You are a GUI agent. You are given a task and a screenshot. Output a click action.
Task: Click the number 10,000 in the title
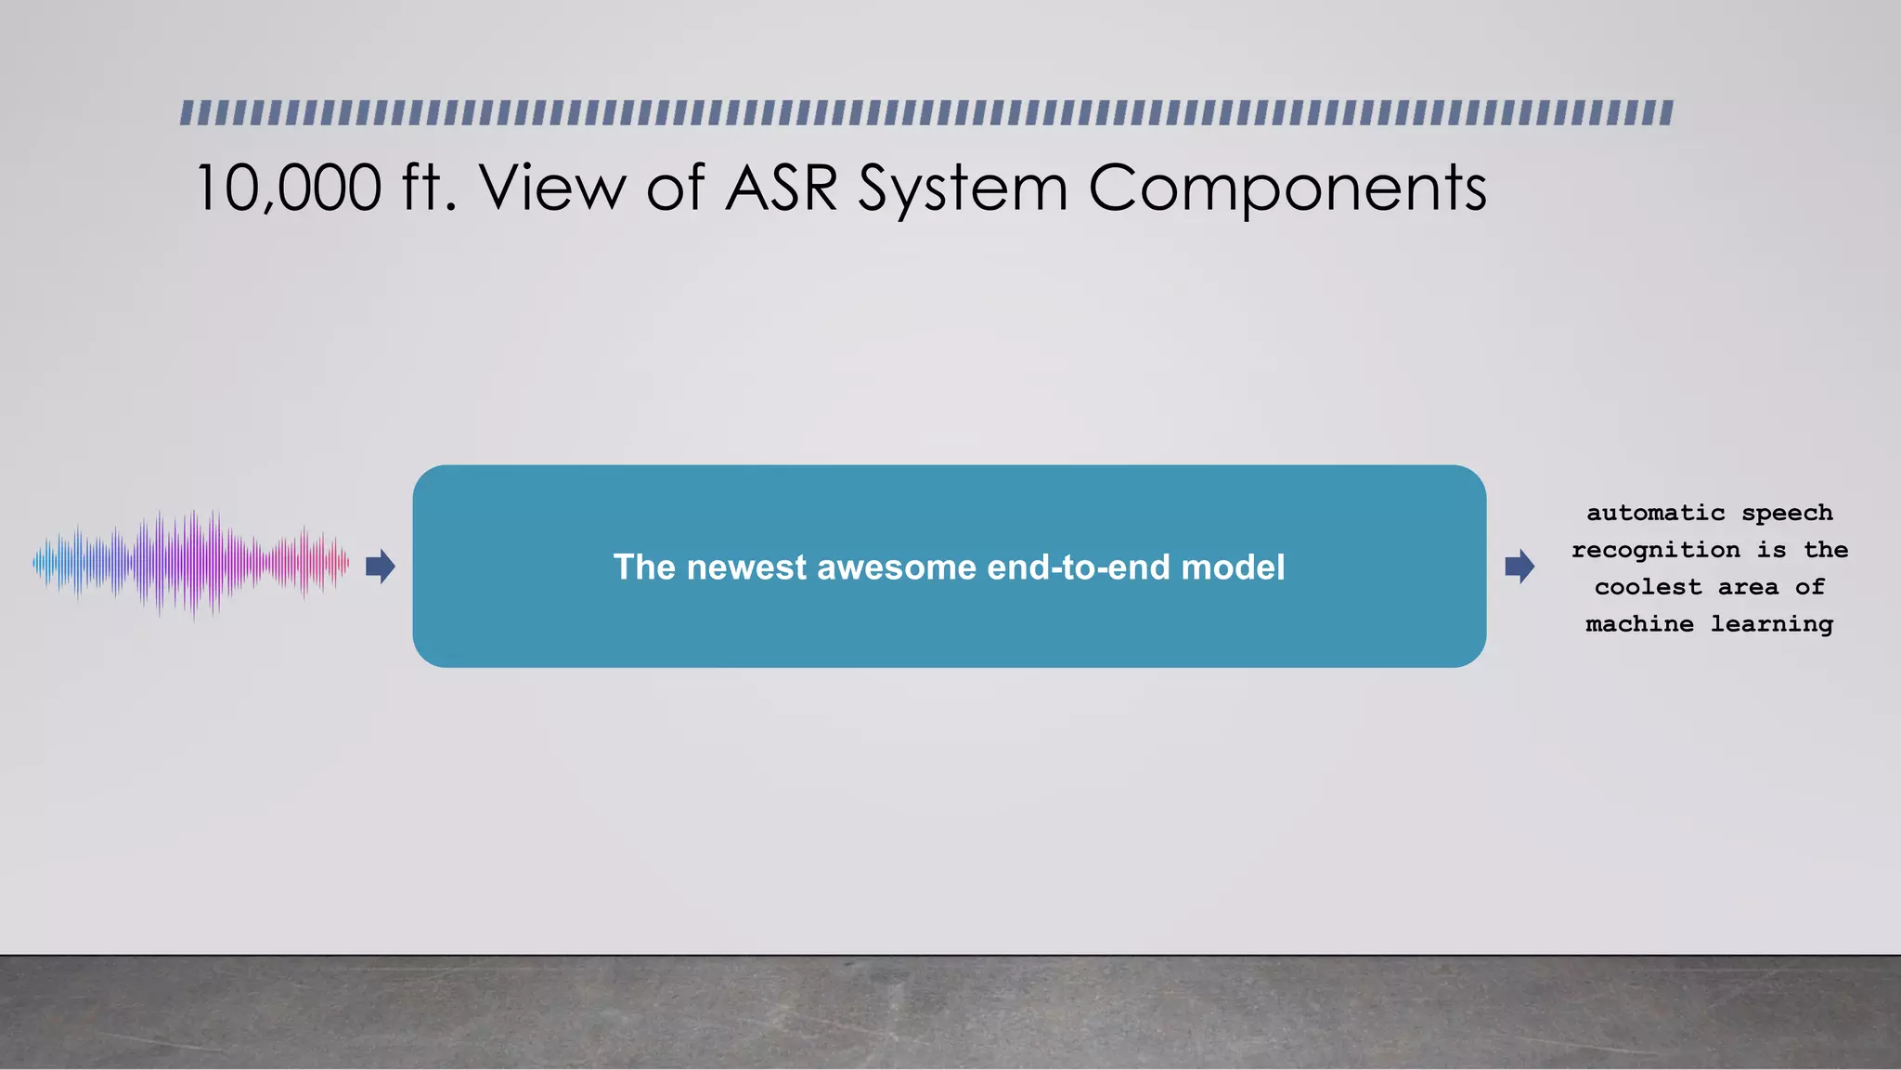289,189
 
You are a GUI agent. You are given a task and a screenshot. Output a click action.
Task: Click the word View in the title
552,189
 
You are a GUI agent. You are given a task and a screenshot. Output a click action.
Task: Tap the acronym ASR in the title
781,189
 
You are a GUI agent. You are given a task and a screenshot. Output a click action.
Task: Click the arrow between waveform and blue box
381,566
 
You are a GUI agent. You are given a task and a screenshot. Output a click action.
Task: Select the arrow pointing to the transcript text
1520,566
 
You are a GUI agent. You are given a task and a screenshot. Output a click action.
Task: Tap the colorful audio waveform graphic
191,563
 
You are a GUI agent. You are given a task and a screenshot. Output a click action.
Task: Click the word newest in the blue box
746,568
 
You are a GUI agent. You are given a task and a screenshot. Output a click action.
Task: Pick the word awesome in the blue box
897,568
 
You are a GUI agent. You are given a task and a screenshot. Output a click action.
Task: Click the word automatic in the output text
1655,513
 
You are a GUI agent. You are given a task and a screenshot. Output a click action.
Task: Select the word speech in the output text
1787,514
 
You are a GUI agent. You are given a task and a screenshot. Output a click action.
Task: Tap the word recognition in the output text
1655,551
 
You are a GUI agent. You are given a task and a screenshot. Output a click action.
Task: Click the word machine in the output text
1639,624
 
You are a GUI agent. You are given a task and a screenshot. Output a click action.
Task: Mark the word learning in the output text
1771,625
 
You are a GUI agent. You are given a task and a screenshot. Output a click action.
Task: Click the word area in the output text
1748,587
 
